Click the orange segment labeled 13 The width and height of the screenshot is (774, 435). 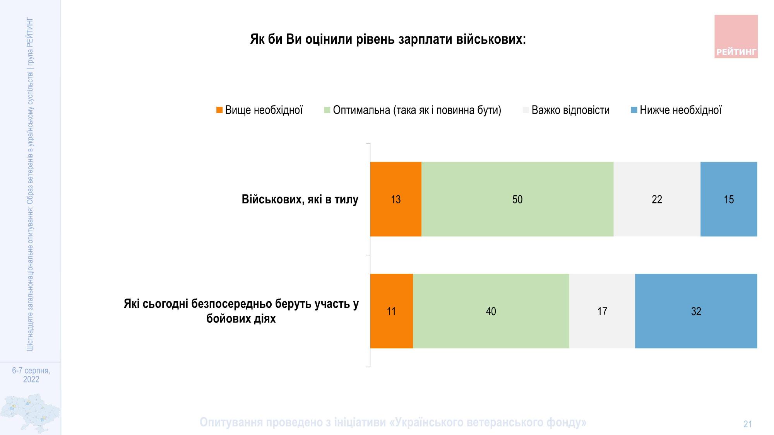point(396,199)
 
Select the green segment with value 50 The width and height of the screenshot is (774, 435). point(517,199)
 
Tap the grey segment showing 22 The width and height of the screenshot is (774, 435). point(657,199)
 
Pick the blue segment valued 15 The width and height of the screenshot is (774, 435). point(729,199)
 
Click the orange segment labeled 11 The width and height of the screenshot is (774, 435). point(391,311)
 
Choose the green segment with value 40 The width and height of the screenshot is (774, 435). point(491,311)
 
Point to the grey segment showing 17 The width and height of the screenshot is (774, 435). point(602,311)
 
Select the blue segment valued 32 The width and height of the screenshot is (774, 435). point(696,311)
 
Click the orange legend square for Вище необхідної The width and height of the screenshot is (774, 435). point(219,110)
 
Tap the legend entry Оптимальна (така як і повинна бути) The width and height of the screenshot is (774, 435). point(416,110)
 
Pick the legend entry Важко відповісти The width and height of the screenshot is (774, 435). point(570,110)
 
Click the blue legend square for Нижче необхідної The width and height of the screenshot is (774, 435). point(634,110)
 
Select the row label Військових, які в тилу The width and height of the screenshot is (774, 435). point(300,199)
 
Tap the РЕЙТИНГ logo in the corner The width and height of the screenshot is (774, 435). point(736,37)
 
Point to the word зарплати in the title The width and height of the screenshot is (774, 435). point(425,39)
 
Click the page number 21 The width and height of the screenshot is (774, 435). point(747,424)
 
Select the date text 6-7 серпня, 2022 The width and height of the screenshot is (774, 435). point(31,375)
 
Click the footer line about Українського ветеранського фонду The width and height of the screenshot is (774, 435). point(393,422)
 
